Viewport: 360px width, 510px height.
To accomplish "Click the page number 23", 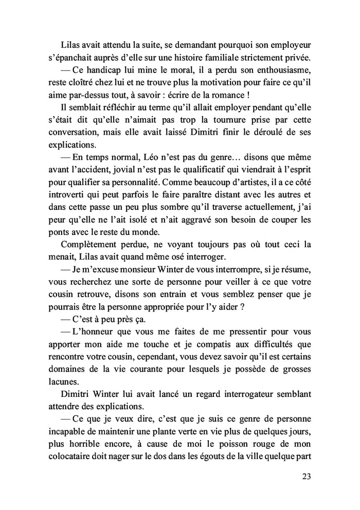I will (305, 476).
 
